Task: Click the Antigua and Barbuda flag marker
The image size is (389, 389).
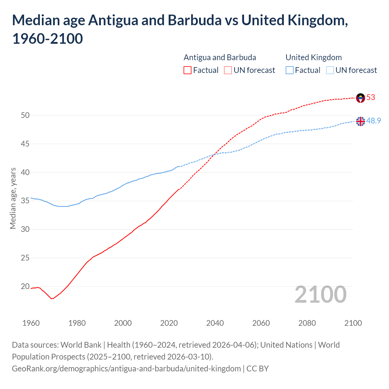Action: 360,98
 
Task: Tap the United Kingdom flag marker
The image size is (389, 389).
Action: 360,121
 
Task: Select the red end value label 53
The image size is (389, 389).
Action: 371,97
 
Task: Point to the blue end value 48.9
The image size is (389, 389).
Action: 374,121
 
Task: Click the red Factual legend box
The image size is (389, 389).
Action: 188,70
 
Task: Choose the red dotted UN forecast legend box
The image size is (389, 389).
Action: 228,70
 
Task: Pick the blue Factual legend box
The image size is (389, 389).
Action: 290,70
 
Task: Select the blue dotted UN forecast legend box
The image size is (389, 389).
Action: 330,70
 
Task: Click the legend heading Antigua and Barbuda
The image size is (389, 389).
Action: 220,57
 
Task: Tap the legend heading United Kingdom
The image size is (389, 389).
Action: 314,57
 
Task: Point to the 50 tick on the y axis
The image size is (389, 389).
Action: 25,115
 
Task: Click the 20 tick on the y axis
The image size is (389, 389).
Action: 25,286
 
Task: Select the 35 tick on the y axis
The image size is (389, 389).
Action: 25,201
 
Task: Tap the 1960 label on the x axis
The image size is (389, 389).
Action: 31,323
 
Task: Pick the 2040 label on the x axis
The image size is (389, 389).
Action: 215,323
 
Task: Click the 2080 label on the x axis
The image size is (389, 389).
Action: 307,323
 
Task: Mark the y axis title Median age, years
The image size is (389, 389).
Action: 13,198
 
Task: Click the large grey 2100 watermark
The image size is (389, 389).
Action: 320,294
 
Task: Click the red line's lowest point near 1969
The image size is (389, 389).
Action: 52,299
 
